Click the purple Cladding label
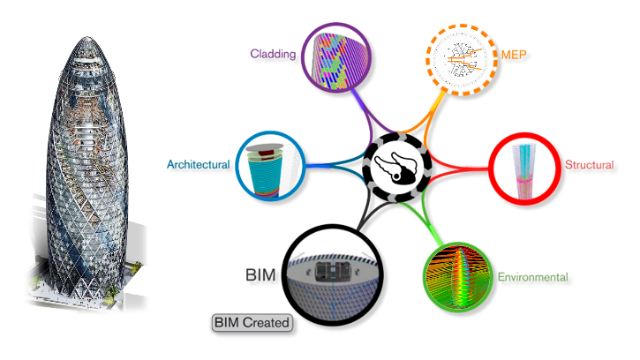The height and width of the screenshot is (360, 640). pyautogui.click(x=271, y=51)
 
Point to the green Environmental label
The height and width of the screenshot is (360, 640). pyautogui.click(x=532, y=277)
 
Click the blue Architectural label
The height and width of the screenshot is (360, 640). pyautogui.click(x=199, y=164)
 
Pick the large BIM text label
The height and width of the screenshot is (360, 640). pyautogui.click(x=261, y=275)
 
